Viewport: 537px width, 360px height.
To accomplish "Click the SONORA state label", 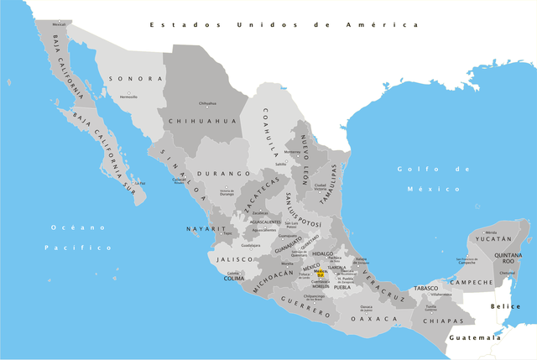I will pyautogui.click(x=135, y=79).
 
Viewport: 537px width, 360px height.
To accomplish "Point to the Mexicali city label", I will pyautogui.click(x=59, y=24).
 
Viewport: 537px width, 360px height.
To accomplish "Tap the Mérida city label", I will pyautogui.click(x=492, y=232).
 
